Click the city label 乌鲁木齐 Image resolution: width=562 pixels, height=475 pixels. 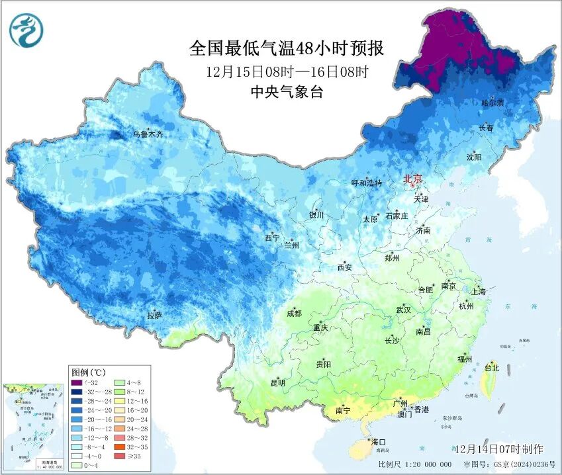pos(148,134)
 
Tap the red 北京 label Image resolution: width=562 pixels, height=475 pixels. pos(413,178)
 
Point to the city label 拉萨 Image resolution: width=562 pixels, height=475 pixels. pos(154,315)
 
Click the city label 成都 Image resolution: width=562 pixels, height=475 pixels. pos(294,314)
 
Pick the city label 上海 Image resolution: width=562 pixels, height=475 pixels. pos(478,292)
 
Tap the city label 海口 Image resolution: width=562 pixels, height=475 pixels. pos(379,441)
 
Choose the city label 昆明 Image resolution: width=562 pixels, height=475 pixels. pos(277,383)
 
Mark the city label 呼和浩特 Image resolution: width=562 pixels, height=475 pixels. pos(366,183)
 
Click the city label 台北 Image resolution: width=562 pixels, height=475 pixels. pos(491,368)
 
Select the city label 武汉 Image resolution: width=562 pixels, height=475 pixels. pos(403,310)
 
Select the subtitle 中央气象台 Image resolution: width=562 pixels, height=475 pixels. pos(287,93)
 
